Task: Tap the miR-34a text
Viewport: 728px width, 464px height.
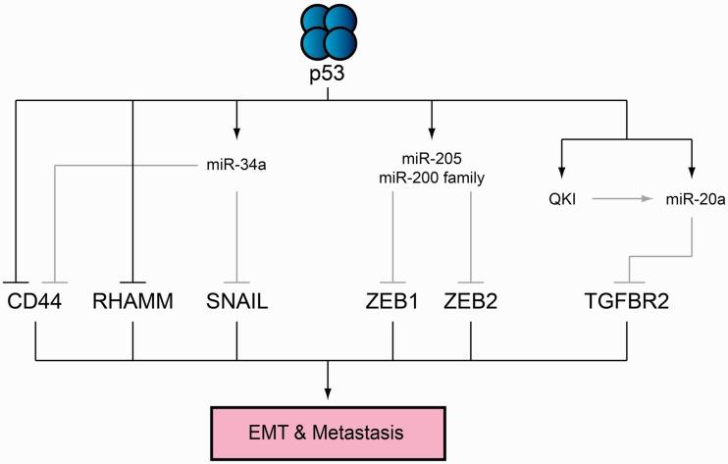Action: coord(236,164)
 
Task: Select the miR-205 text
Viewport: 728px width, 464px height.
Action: coord(432,159)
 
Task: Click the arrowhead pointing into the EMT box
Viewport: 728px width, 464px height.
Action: coord(331,391)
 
